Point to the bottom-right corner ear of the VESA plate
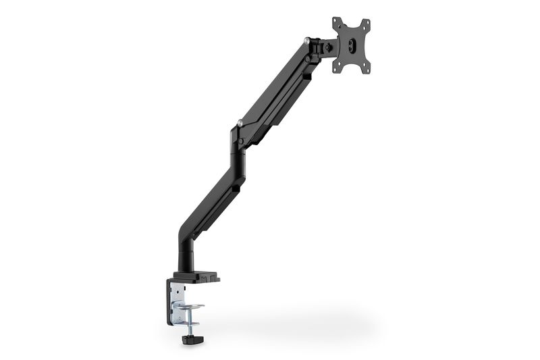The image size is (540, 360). click(x=368, y=66)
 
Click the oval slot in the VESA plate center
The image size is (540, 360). click(x=352, y=45)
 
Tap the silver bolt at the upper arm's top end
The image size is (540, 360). click(x=308, y=41)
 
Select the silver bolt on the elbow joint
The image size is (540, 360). click(x=240, y=123)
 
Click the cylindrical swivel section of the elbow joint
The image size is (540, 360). click(x=237, y=159)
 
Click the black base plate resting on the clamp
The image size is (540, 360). click(x=196, y=276)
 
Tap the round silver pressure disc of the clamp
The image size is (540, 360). click(x=190, y=308)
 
